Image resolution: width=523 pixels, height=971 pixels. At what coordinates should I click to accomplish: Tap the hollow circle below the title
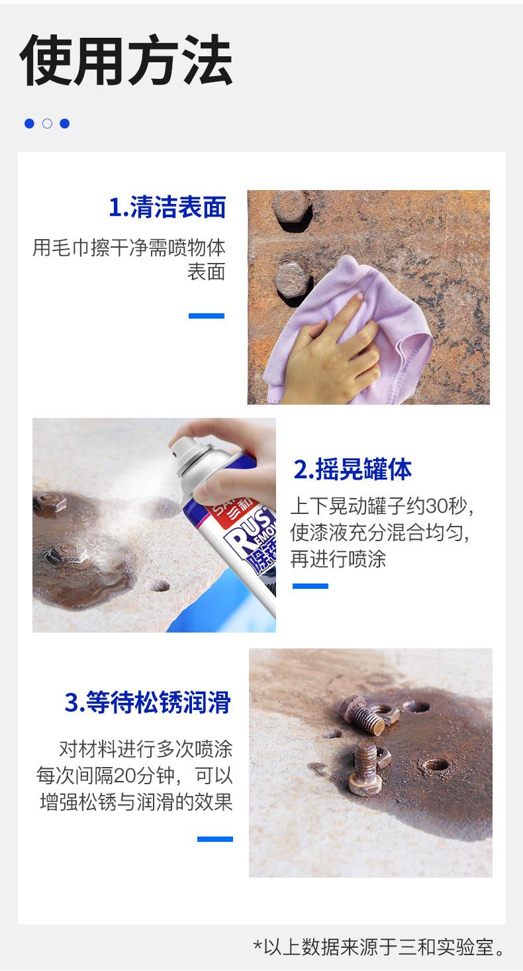coord(47,123)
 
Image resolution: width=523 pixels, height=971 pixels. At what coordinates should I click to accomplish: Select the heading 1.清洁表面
coord(167,207)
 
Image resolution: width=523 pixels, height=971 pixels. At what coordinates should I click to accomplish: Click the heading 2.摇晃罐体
coord(352,469)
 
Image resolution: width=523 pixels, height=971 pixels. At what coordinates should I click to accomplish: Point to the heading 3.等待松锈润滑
coord(148,702)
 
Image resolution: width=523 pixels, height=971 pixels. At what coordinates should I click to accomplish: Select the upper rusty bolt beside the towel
coord(292,211)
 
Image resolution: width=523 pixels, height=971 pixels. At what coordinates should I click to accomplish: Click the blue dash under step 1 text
coord(207,316)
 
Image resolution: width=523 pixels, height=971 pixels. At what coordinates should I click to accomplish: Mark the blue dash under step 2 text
coord(310,586)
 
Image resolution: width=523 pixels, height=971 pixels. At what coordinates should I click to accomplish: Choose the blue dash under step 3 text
coord(215,839)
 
